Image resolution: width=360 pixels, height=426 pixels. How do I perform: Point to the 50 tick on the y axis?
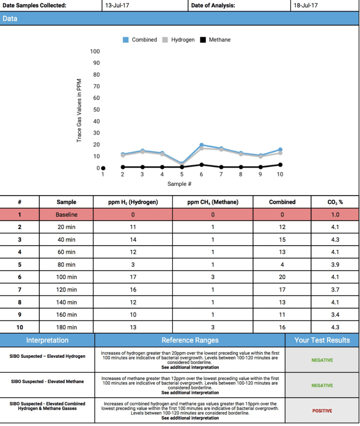(x=96, y=110)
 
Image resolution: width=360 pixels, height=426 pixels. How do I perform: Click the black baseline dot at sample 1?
(x=103, y=168)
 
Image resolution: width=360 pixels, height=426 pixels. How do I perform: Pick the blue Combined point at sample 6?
(x=201, y=145)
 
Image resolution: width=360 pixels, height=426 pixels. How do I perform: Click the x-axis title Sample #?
(x=180, y=183)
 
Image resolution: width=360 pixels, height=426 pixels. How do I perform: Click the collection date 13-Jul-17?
(x=116, y=6)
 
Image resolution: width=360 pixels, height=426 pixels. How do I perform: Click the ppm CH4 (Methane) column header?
(x=213, y=202)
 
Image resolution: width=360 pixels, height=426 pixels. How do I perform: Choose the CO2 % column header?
(x=335, y=202)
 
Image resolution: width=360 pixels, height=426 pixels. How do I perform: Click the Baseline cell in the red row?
(x=67, y=215)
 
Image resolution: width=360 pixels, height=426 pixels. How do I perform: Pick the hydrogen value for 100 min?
(x=133, y=277)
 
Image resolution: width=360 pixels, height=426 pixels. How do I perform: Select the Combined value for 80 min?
(x=282, y=265)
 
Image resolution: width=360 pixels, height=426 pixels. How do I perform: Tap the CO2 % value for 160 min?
(x=335, y=315)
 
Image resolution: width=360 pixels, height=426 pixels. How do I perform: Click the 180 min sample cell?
(x=67, y=327)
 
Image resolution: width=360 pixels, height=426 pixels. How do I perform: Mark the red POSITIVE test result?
(x=322, y=411)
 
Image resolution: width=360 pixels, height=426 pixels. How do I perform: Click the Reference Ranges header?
(x=190, y=340)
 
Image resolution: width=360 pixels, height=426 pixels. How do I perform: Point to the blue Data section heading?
(x=10, y=19)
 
